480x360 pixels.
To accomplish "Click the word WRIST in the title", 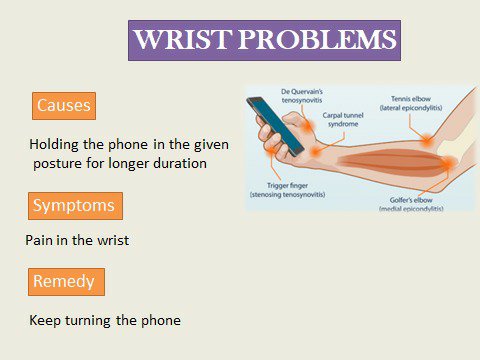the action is click(183, 40).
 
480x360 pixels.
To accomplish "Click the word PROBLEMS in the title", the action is click(317, 40).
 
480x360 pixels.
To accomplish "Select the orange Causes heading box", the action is click(64, 106).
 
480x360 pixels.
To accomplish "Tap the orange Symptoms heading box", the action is click(75, 206).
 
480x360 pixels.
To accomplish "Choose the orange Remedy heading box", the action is click(66, 282).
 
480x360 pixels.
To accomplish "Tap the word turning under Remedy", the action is click(88, 321).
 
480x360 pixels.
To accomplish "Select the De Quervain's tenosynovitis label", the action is click(302, 96).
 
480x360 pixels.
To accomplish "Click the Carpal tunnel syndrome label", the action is click(343, 120).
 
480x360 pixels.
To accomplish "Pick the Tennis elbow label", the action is click(411, 103).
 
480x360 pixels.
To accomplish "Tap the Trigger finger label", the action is click(287, 190).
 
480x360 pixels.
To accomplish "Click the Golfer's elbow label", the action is click(411, 204).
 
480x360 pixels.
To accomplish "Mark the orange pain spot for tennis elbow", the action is click(427, 140).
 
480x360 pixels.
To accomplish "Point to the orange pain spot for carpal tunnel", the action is click(315, 152).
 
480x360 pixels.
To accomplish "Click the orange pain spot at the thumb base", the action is click(308, 126).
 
